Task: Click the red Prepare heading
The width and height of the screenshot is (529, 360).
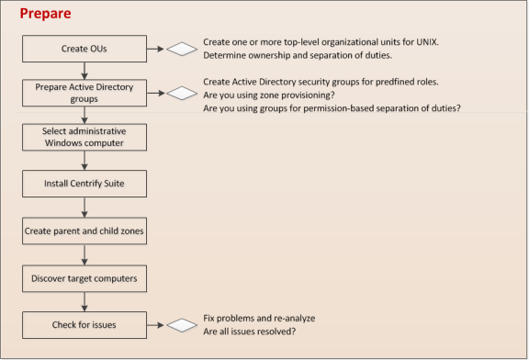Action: click(46, 15)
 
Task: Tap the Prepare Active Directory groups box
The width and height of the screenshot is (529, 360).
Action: click(84, 93)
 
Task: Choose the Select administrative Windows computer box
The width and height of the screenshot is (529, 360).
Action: click(84, 138)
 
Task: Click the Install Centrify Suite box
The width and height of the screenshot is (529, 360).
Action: click(84, 184)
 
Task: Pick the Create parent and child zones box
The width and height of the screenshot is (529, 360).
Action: click(84, 231)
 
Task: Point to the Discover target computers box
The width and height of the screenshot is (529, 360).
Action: click(84, 277)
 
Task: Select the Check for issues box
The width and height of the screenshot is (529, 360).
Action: click(84, 323)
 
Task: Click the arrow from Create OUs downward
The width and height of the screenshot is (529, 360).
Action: click(84, 69)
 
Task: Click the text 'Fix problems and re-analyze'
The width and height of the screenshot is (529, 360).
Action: click(259, 318)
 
